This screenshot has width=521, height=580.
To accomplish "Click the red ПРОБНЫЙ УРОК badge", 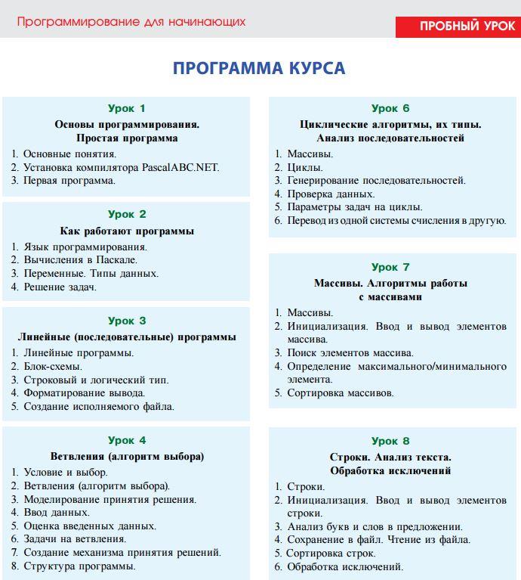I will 458,26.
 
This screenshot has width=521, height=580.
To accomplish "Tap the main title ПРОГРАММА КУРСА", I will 259,69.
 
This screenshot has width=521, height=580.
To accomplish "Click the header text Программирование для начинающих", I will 131,22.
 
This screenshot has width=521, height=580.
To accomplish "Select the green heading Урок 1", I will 127,108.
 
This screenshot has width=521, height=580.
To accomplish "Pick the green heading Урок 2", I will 127,214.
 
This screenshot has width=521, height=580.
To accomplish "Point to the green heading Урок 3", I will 127,321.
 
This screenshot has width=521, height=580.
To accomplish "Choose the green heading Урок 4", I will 127,440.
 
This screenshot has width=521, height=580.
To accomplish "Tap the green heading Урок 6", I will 390,108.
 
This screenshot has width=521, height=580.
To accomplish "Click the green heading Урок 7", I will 390,267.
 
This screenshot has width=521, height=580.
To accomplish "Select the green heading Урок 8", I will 390,441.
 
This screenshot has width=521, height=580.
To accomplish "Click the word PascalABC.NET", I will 180,167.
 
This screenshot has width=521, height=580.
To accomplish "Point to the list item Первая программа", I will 69,181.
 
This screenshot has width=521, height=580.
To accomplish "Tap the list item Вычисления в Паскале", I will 80,260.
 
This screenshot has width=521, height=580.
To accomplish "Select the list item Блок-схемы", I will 53,367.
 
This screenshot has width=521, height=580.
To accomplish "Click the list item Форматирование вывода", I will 85,393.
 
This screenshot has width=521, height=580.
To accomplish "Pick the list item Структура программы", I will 80,566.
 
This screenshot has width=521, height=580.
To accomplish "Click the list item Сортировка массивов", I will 341,393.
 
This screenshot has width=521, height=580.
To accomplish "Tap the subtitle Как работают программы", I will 127,231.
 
